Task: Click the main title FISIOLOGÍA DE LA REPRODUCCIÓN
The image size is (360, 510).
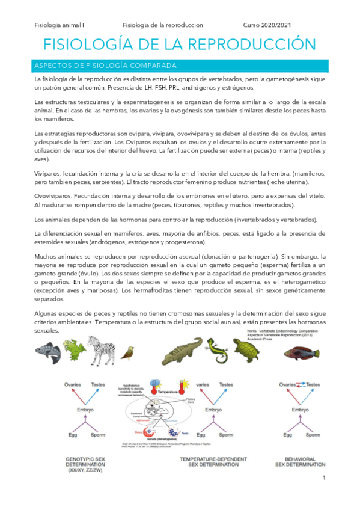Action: tap(180, 45)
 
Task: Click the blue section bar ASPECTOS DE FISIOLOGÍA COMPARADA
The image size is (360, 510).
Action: tap(180, 65)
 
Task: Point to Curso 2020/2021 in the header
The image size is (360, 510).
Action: tap(270, 25)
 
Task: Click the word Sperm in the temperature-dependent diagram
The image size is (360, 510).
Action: tap(226, 434)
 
